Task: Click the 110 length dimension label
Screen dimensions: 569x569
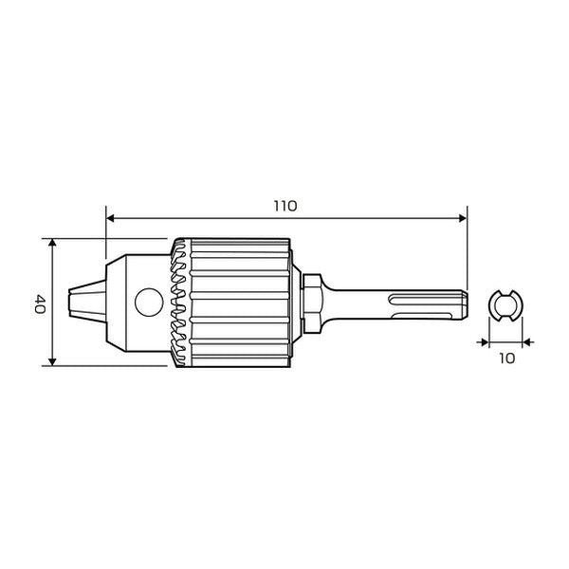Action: (x=285, y=206)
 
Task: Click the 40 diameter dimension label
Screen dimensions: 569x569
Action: (x=40, y=304)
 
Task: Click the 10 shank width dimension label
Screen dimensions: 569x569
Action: (x=507, y=358)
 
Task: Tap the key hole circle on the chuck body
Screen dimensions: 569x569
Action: (x=149, y=303)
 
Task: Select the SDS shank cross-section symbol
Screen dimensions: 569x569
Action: (x=505, y=305)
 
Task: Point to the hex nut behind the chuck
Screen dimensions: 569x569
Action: (x=311, y=303)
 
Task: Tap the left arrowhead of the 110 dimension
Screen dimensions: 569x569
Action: (x=110, y=218)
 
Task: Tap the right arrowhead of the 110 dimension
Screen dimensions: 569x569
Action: (x=463, y=218)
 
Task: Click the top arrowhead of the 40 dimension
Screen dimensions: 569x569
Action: (x=52, y=243)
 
